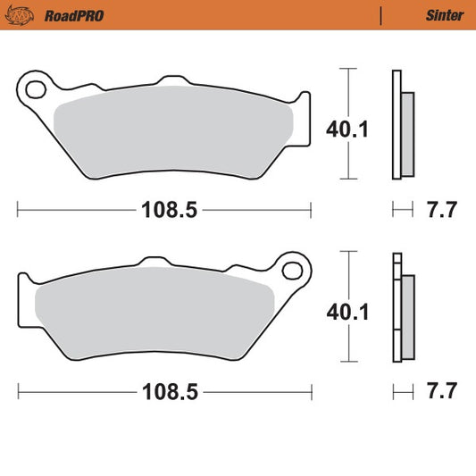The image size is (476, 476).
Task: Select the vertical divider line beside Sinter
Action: tap(380, 14)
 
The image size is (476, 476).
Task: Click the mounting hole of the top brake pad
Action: tap(37, 88)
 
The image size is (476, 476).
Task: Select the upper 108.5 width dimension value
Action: tap(165, 211)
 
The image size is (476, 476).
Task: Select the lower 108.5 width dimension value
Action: tap(165, 391)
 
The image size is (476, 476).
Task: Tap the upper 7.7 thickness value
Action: tap(441, 211)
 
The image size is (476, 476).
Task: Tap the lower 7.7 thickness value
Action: tap(441, 391)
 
